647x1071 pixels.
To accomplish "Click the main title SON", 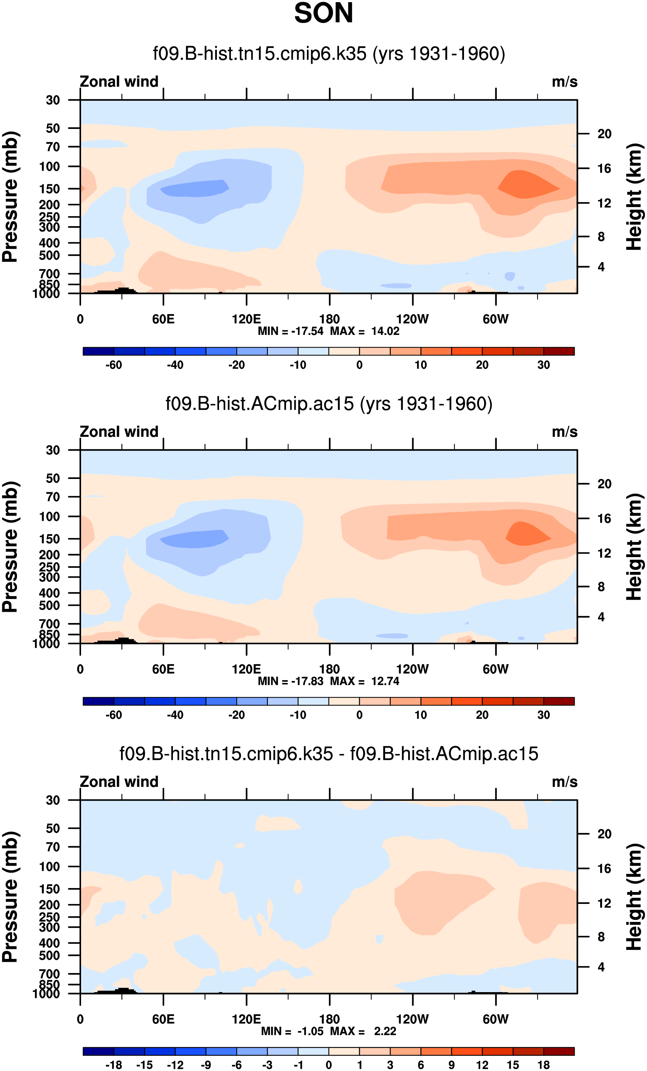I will (323, 13).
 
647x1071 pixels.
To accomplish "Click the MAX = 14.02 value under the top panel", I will (364, 331).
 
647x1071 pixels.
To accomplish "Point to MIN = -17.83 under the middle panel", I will (290, 681).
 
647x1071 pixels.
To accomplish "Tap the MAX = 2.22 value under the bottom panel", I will (364, 1031).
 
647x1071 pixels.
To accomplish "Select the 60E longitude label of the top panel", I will (163, 319).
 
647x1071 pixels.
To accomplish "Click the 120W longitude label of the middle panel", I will (412, 669).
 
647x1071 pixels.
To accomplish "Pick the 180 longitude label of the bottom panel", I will (329, 1019).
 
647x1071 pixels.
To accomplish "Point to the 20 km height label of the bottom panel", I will (604, 834).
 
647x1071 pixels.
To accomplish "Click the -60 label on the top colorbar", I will (113, 365).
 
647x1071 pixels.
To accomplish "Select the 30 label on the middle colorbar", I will (544, 715).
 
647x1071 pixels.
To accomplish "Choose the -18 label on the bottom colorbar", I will (113, 1065).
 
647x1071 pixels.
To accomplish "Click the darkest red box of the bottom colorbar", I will (559, 1051).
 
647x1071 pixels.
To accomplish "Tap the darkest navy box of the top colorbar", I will (98, 351).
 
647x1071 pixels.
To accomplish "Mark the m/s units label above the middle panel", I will (565, 432).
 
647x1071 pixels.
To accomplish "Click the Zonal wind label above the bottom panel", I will (119, 782).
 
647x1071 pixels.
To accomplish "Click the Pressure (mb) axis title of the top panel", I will (10, 197).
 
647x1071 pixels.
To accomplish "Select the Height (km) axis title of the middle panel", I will (634, 546).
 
